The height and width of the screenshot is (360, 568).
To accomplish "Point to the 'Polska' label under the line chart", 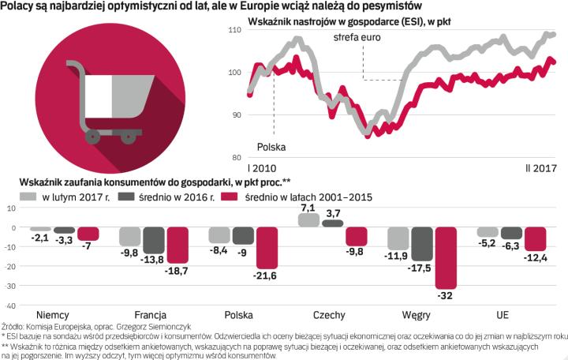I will pos(271,147).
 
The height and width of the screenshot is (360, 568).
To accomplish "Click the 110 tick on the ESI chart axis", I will pos(234,30).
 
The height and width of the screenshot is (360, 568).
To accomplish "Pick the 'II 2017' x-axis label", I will pos(541,168).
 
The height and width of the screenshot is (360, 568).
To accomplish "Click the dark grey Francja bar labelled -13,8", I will pos(154,241).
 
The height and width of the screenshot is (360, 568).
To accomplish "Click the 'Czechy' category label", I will pos(328,315).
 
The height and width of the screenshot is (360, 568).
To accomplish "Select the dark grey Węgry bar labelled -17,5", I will pos(423,244).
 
